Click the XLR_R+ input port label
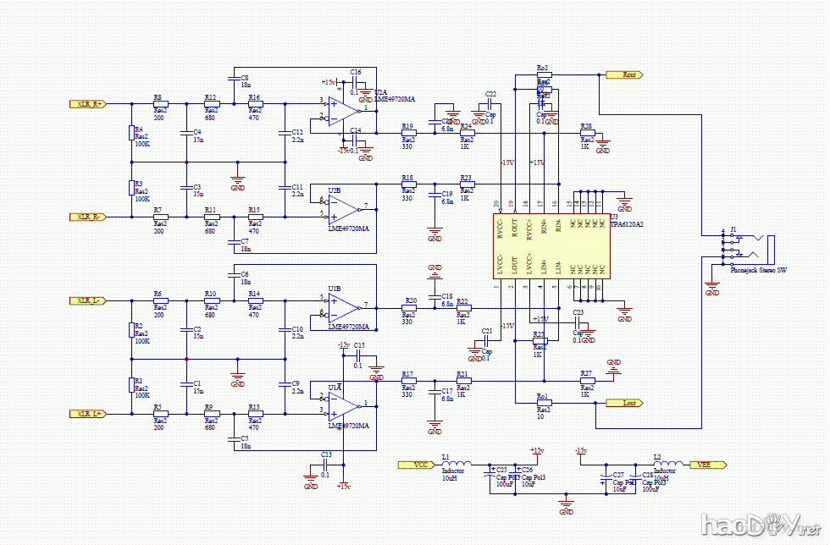pyautogui.click(x=87, y=104)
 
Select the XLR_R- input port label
pyautogui.click(x=87, y=217)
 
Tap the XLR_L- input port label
pyautogui.click(x=87, y=300)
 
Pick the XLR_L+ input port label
pyautogui.click(x=87, y=414)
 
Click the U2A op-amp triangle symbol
pyautogui.click(x=342, y=108)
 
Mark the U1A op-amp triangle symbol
pyautogui.click(x=342, y=403)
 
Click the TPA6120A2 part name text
pyautogui.click(x=626, y=225)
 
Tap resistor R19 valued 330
pyautogui.click(x=408, y=134)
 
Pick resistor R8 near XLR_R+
pyautogui.click(x=159, y=104)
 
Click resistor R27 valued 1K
pyautogui.click(x=586, y=381)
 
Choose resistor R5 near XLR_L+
pyautogui.click(x=159, y=414)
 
